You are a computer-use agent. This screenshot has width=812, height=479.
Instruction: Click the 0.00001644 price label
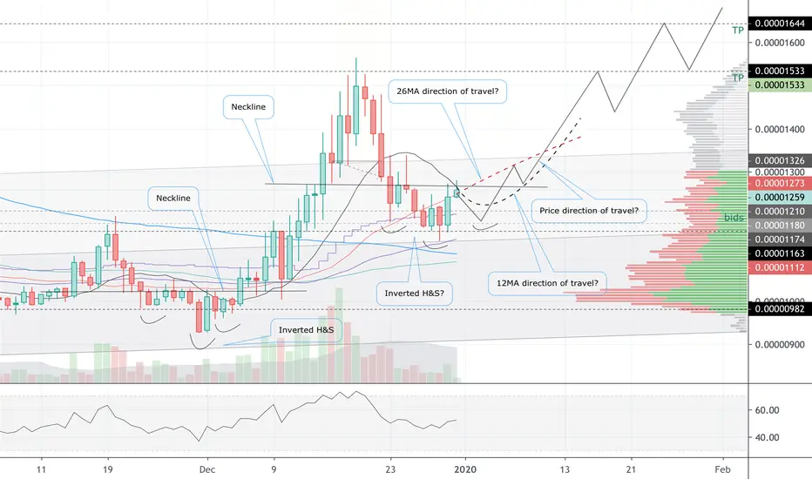point(780,24)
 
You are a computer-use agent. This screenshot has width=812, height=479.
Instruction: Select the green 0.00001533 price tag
point(780,85)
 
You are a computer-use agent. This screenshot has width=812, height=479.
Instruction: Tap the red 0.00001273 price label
point(780,183)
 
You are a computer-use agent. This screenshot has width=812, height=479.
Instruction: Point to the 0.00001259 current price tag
point(780,198)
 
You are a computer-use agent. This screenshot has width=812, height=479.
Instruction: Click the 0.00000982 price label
point(780,309)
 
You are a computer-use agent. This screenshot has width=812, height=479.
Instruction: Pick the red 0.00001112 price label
point(780,267)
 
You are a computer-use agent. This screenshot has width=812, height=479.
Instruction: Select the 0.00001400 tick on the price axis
point(780,129)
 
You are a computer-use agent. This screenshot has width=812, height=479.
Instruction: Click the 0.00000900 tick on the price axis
point(780,344)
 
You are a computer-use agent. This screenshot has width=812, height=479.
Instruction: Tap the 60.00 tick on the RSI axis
point(767,410)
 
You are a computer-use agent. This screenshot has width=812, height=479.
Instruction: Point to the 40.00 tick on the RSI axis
point(767,437)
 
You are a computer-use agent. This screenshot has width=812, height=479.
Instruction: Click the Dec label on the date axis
point(207,469)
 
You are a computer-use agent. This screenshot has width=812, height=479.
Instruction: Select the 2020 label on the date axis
point(465,469)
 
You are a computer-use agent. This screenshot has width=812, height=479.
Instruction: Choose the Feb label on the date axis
point(722,469)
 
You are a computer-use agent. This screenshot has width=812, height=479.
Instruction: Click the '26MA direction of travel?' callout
point(448,91)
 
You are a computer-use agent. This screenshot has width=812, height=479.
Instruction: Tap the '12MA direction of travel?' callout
point(547,283)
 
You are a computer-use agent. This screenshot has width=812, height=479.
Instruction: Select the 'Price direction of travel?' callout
point(589,211)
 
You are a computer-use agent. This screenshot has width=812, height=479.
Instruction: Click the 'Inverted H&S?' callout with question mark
point(415,293)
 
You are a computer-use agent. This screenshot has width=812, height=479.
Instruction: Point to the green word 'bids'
point(734,218)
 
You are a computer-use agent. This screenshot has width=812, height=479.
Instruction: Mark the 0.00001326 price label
point(780,160)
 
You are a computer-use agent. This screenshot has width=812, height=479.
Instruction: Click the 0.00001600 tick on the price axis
point(780,43)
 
